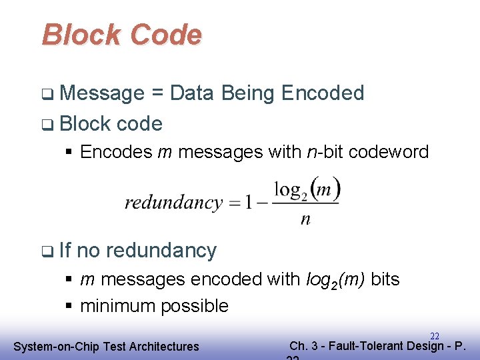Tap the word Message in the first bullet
pyautogui.click(x=102, y=93)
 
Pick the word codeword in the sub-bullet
pyautogui.click(x=390, y=152)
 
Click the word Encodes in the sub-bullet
pyautogui.click(x=116, y=152)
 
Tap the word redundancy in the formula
pyautogui.click(x=173, y=202)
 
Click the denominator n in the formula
pyautogui.click(x=305, y=219)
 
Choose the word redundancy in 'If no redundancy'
pyautogui.click(x=161, y=251)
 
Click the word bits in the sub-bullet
pyautogui.click(x=385, y=279)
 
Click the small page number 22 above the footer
pyautogui.click(x=434, y=337)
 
